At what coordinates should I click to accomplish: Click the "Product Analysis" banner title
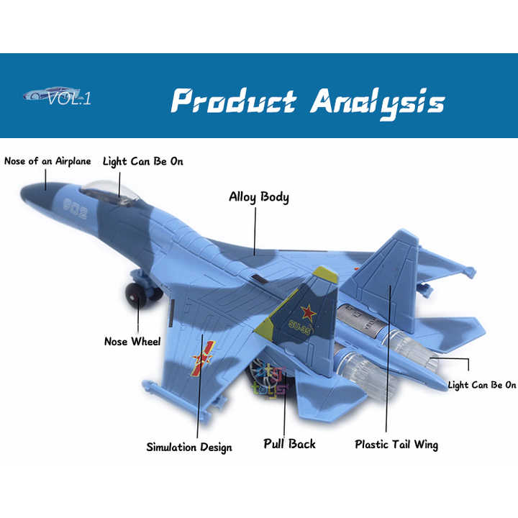click(308, 101)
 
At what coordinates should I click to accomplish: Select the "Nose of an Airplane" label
click(47, 161)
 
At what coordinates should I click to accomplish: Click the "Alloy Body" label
click(259, 196)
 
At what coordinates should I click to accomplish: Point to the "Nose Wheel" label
click(132, 341)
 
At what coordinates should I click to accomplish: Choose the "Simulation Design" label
click(189, 447)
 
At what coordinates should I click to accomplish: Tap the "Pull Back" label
click(289, 443)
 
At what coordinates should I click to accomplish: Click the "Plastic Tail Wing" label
click(396, 444)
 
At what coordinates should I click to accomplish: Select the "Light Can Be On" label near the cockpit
click(142, 161)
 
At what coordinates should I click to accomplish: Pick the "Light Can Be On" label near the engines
click(482, 385)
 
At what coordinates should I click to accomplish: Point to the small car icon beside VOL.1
click(42, 94)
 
